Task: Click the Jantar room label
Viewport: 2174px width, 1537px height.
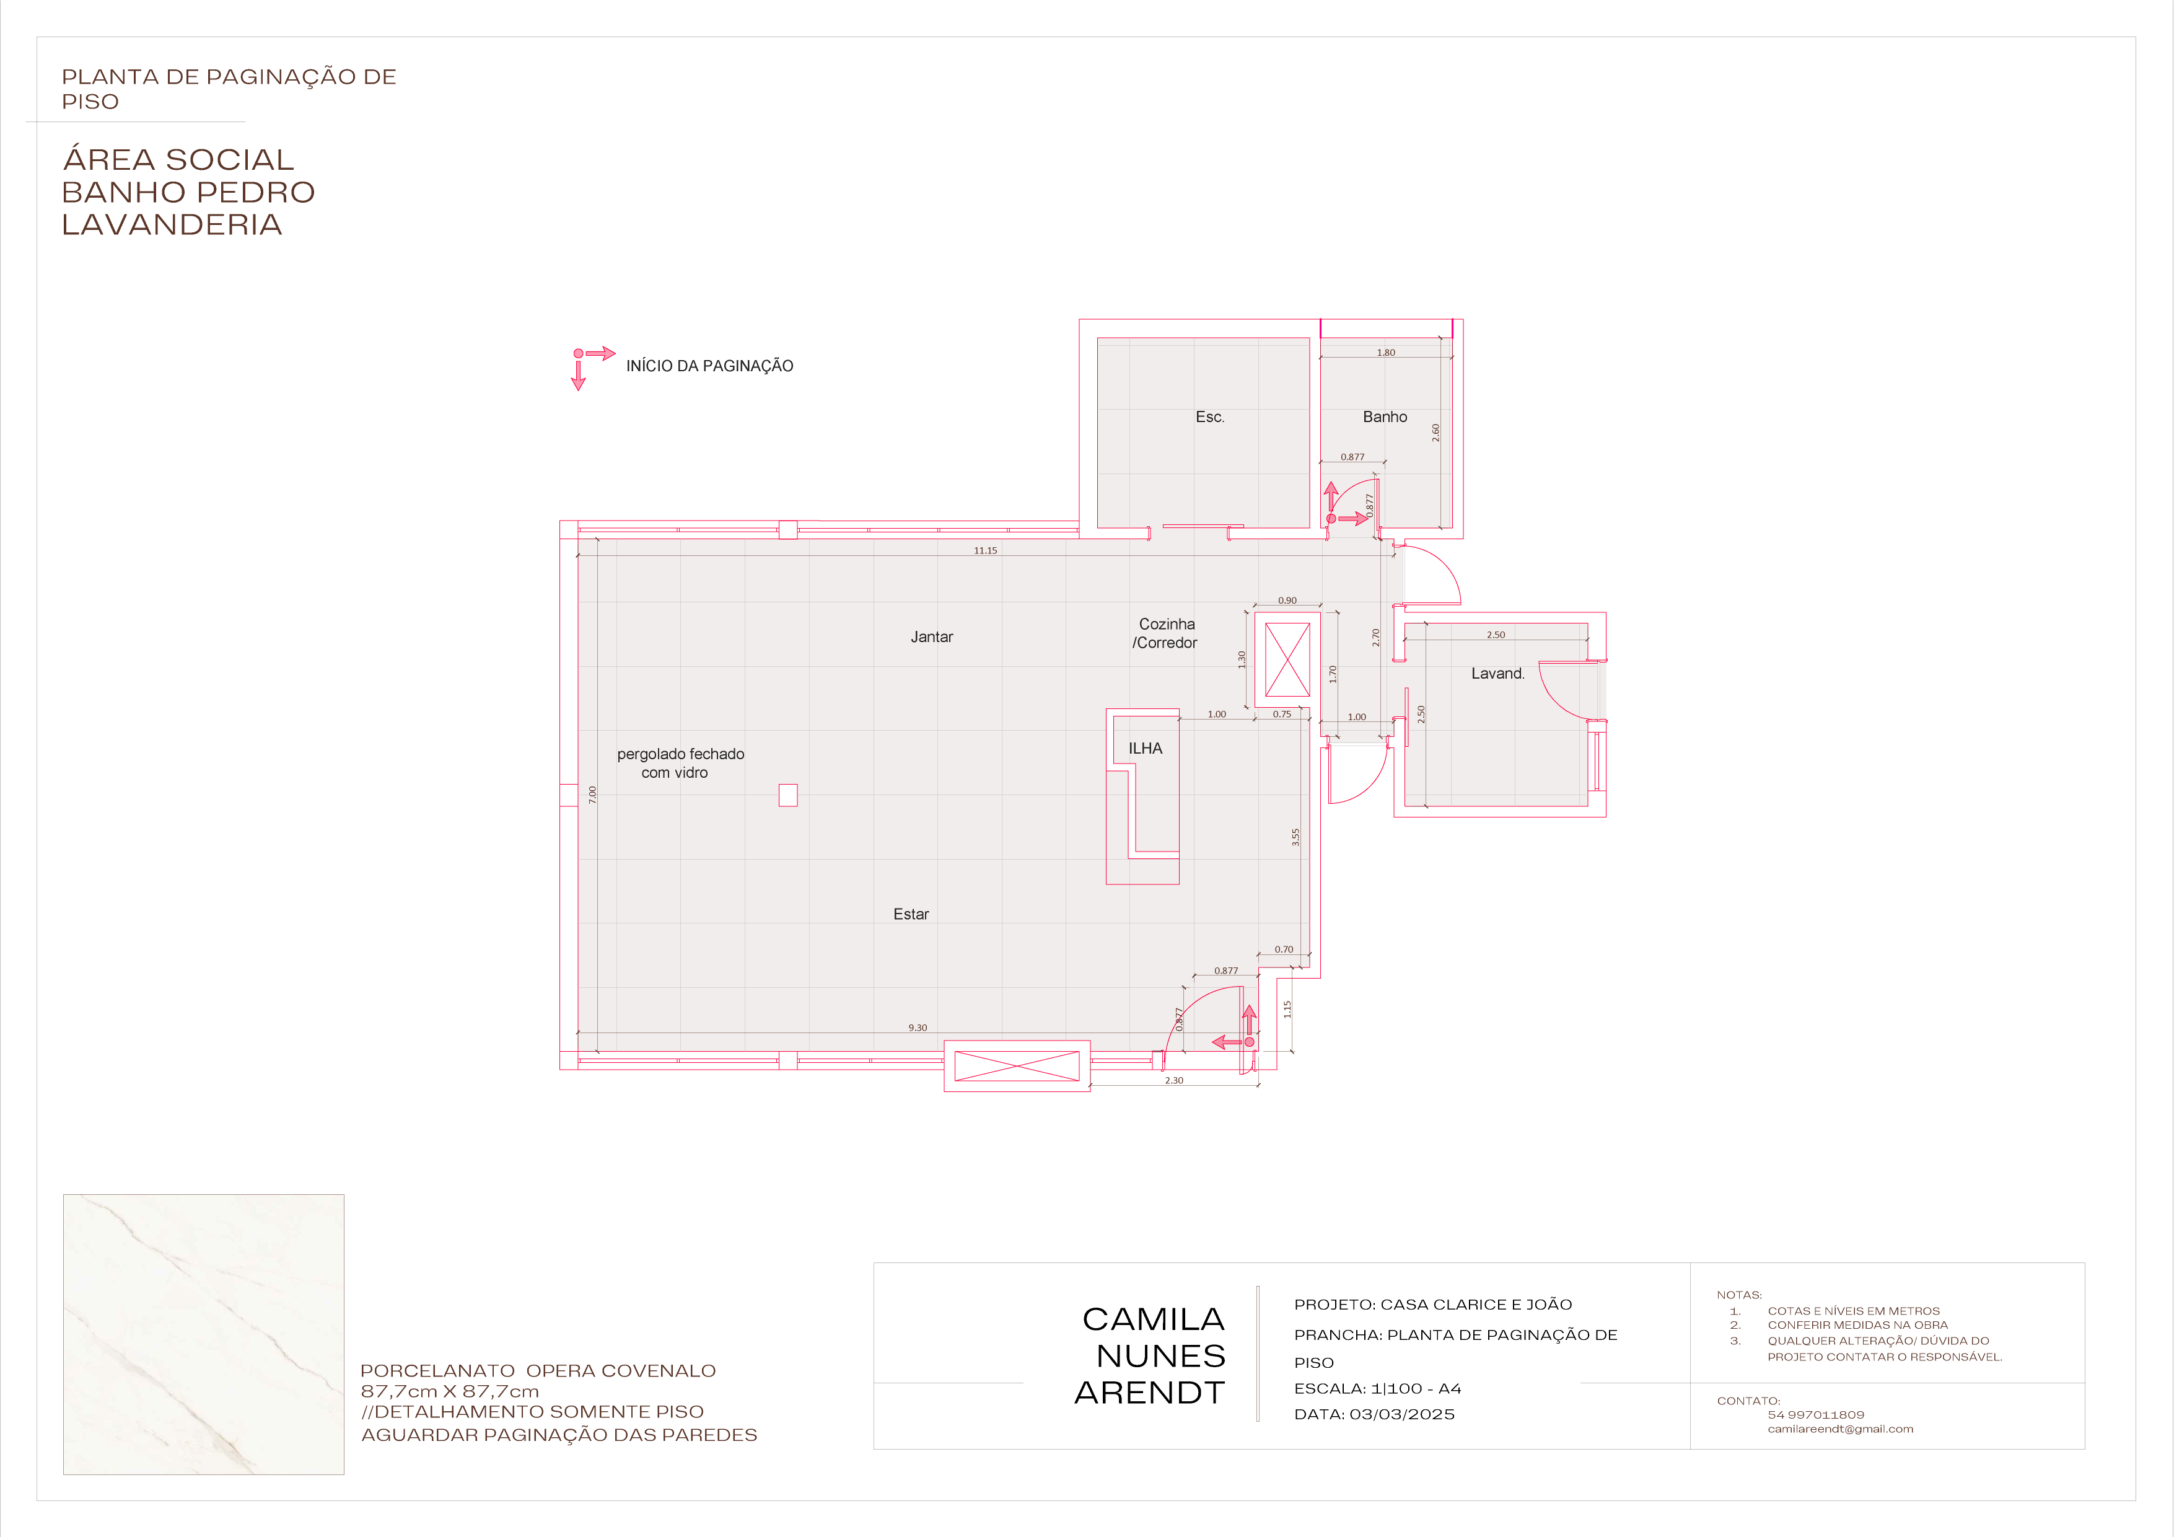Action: point(932,637)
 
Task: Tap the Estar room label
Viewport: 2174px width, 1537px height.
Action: point(911,914)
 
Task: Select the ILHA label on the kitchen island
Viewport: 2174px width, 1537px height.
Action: point(1145,748)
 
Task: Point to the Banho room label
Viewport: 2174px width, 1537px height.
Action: point(1384,416)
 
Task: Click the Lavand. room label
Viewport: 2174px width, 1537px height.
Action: point(1497,673)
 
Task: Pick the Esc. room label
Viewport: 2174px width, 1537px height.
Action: point(1209,416)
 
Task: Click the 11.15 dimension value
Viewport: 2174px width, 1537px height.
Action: point(984,550)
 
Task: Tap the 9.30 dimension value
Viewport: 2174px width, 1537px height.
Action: point(918,1028)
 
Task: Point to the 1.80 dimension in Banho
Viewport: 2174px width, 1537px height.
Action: point(1385,352)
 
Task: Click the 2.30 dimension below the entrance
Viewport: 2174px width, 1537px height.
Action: point(1173,1080)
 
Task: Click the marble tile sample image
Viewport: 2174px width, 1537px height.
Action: point(204,1334)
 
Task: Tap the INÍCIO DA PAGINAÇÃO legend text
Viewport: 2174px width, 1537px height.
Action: point(709,366)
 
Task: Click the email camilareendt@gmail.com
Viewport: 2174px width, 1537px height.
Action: point(1840,1429)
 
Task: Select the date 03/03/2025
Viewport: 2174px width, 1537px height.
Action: point(1401,1414)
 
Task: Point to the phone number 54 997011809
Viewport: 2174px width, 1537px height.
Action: point(1815,1415)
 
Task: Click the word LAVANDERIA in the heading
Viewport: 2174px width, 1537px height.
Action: point(172,224)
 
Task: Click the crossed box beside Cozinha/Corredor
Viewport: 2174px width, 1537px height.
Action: point(1287,660)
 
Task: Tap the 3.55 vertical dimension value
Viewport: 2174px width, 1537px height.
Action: point(1295,837)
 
